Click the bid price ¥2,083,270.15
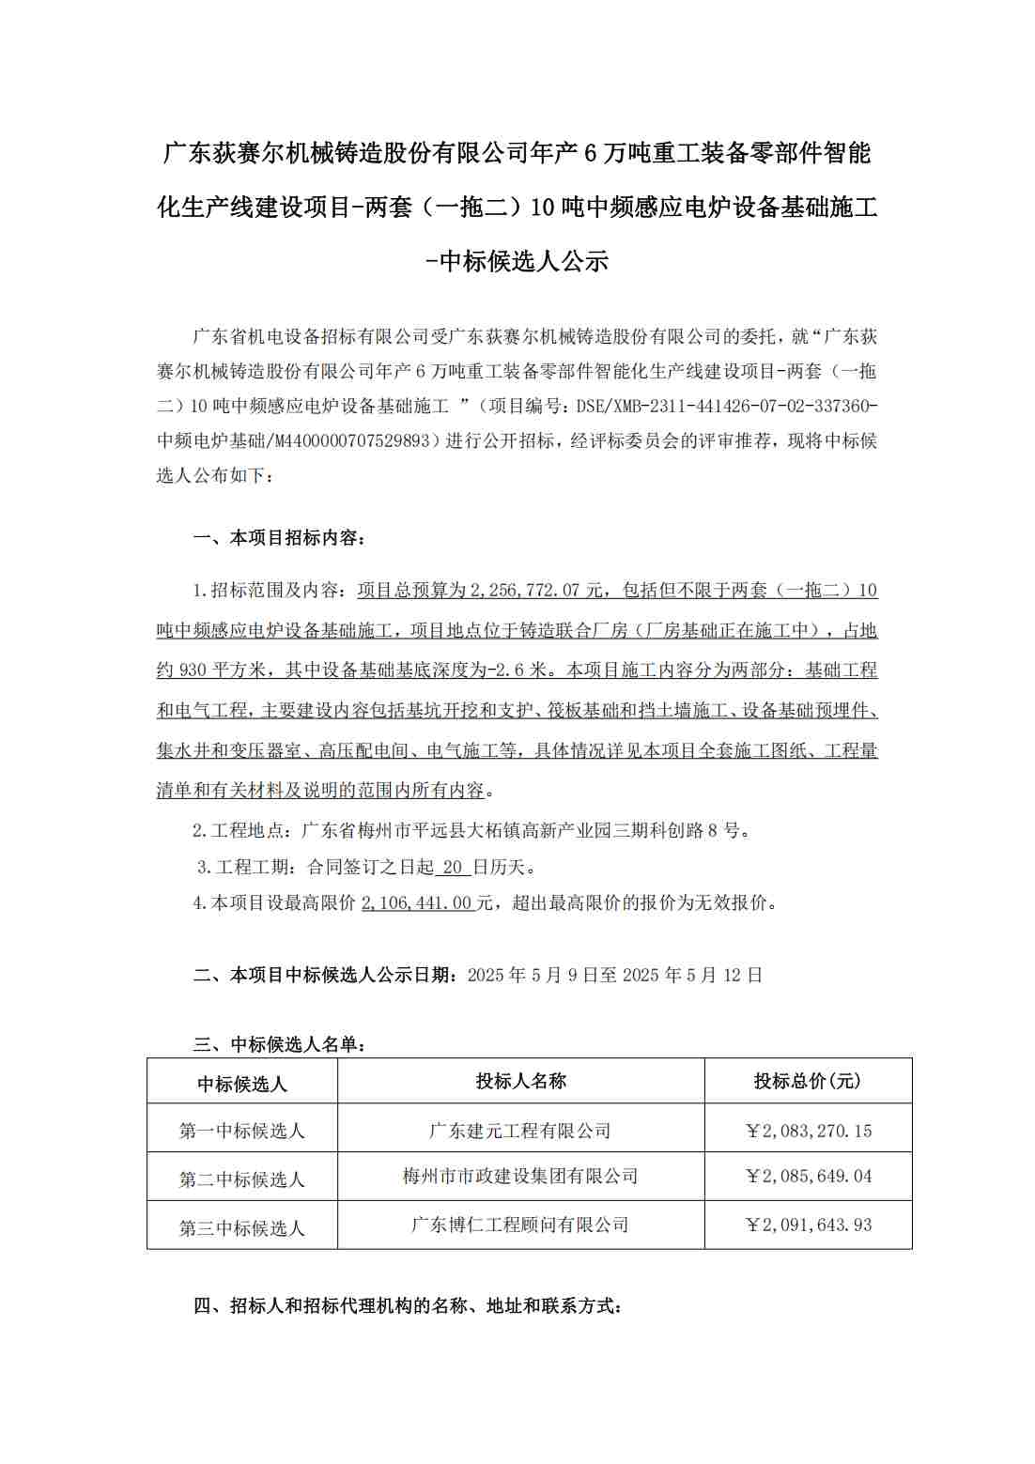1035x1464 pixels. coord(808,1131)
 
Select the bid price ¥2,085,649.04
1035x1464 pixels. coord(808,1176)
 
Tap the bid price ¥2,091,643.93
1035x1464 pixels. coord(808,1225)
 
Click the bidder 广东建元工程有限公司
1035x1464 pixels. coord(520,1131)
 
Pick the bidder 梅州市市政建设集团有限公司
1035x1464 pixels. coord(520,1176)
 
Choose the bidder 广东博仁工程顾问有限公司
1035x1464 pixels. coord(520,1225)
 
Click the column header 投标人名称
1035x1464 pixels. coord(520,1081)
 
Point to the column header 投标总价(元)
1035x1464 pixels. coord(808,1081)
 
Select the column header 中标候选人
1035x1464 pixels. coord(242,1085)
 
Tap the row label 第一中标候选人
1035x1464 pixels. coord(242,1131)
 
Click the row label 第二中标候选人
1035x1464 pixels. coord(242,1179)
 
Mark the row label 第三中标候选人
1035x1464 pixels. coord(242,1228)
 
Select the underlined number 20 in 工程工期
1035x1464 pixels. coord(453,867)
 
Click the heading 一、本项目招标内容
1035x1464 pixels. coord(280,538)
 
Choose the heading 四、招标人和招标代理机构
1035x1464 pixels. coord(408,1306)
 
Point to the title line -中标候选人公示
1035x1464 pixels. coord(517,261)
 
